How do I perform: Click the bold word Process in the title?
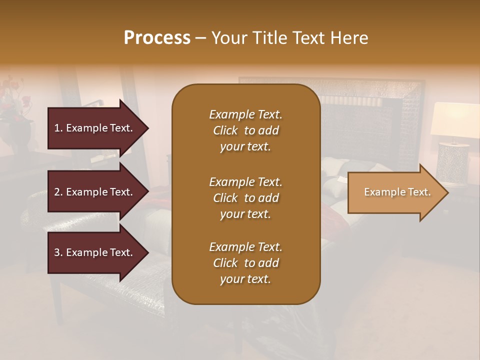point(157,38)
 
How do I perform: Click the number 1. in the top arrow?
point(58,128)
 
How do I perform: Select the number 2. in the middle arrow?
point(58,192)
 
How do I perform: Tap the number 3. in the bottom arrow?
point(58,252)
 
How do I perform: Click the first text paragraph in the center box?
point(245,130)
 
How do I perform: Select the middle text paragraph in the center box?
point(245,198)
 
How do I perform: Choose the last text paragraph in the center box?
point(245,263)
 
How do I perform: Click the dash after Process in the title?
point(201,38)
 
